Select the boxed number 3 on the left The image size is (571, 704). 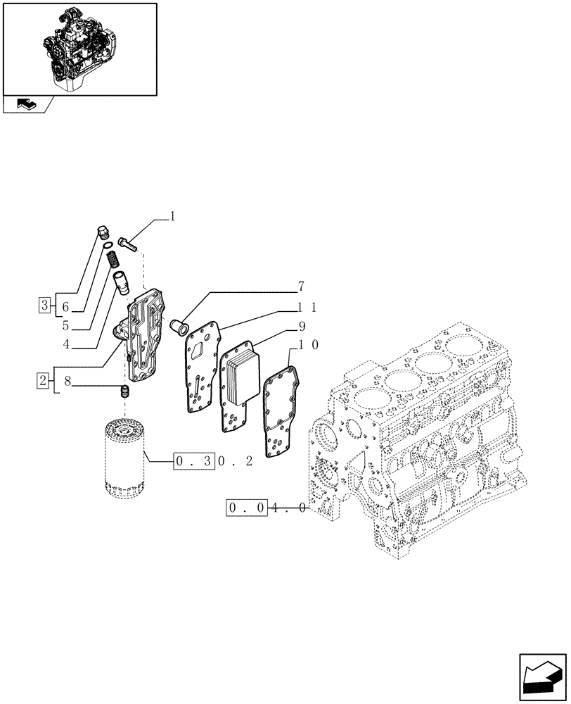coord(44,306)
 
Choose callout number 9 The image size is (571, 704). coord(301,327)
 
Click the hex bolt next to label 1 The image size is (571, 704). coord(128,244)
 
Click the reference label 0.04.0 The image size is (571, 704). coord(267,508)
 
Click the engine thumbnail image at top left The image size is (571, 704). coord(79,48)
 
